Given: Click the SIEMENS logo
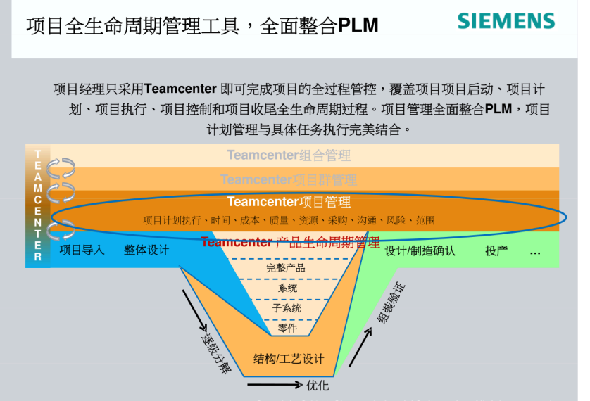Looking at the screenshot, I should click(506, 20).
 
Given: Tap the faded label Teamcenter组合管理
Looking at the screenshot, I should click(289, 155).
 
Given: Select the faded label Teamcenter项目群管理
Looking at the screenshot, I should click(289, 180).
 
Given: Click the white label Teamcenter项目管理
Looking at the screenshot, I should click(289, 203).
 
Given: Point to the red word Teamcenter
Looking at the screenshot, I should click(236, 243).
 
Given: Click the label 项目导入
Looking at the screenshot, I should click(82, 250).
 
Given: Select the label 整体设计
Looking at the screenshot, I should click(146, 250).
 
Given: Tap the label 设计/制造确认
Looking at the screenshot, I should click(420, 250).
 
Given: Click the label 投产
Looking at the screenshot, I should click(496, 250).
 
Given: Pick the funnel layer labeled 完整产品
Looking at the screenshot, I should click(286, 268).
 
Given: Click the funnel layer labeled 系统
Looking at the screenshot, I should click(287, 288).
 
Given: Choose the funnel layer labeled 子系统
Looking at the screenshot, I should click(287, 307).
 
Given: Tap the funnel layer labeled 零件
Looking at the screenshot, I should click(287, 327).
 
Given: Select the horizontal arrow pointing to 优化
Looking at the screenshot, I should click(274, 385).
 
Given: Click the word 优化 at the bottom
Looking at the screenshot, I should click(318, 386).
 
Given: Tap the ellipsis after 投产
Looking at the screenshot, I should click(535, 252).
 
